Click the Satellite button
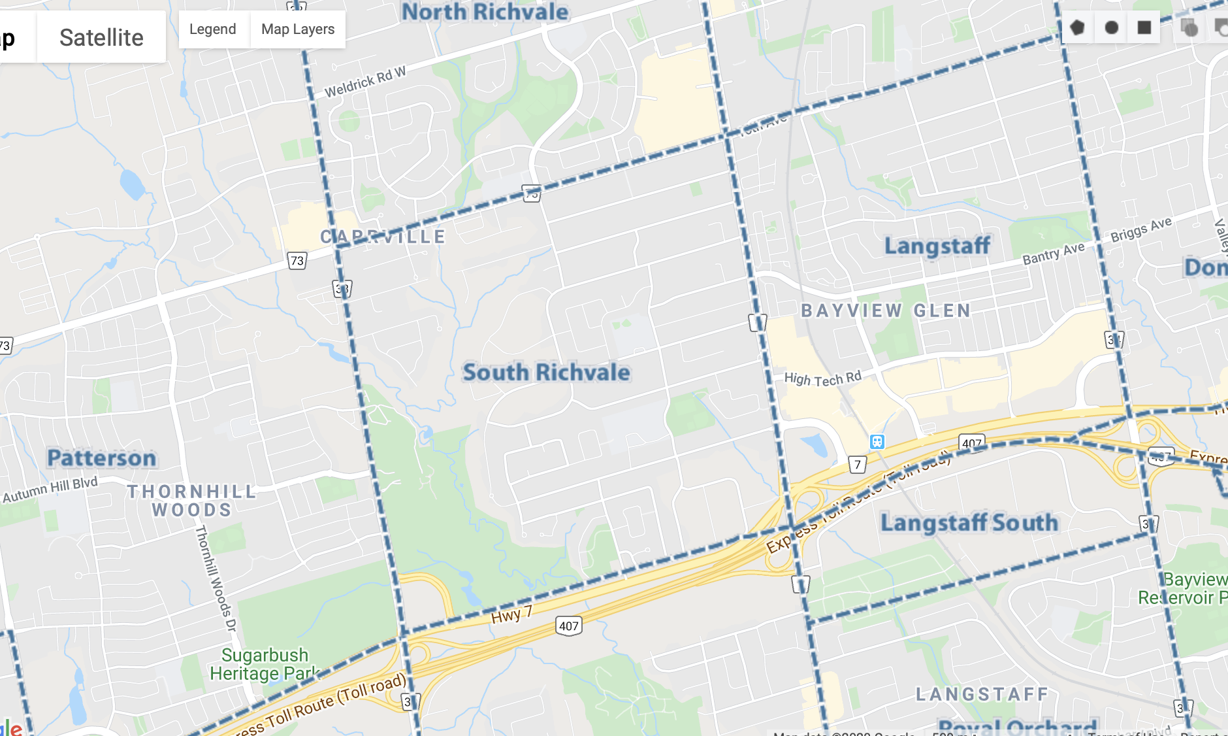pos(101,37)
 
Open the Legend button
pos(212,29)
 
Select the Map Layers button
pos(298,29)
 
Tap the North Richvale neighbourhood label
pos(485,12)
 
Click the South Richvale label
pos(546,373)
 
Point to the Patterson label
pos(102,458)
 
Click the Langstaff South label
pos(969,523)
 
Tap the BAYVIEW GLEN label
pos(886,310)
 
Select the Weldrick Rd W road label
pos(365,82)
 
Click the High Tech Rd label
pos(822,378)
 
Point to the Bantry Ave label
pos(1053,254)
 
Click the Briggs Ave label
pos(1141,229)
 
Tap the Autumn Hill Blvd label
pos(50,490)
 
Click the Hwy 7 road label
pos(511,615)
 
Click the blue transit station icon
pos(877,443)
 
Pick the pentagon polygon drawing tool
pos(1077,27)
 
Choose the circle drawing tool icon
pos(1111,27)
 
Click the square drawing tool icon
pos(1144,27)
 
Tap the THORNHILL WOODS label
pos(191,501)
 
